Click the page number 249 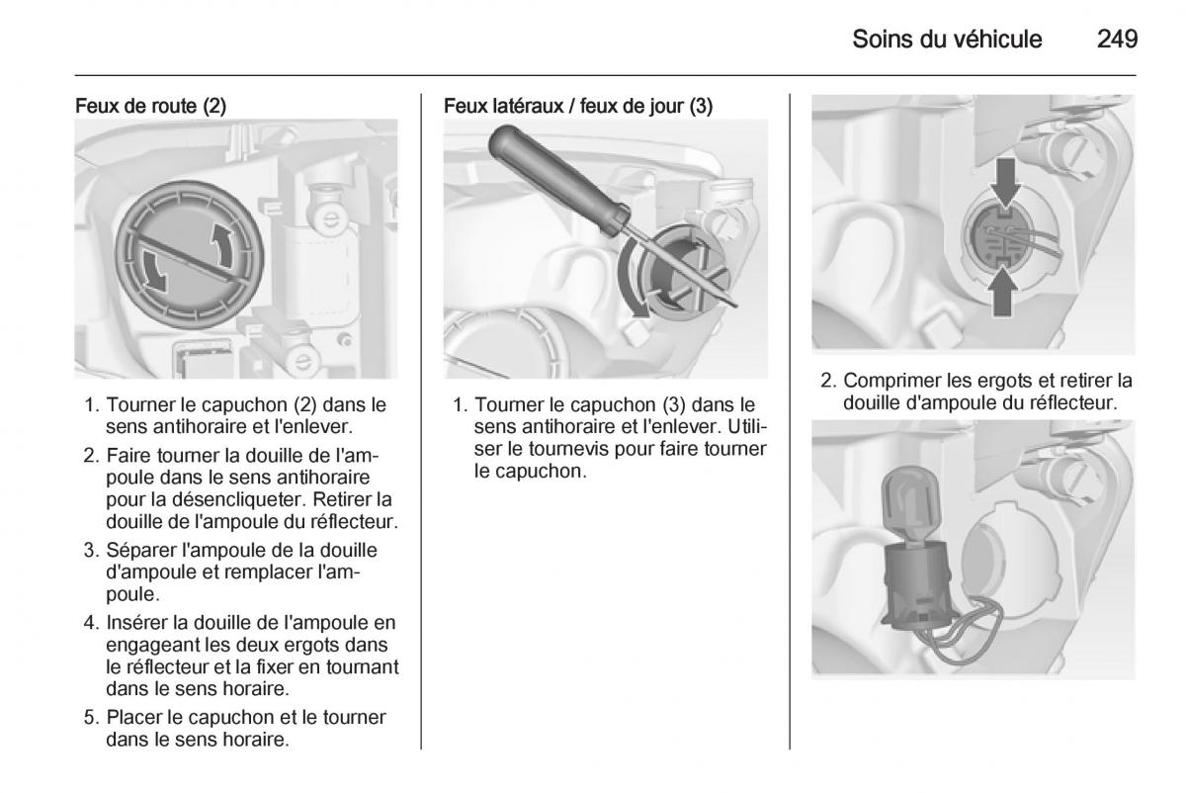click(x=1117, y=40)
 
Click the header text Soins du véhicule click(x=946, y=40)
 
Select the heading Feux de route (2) click(x=150, y=106)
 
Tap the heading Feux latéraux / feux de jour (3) click(x=578, y=106)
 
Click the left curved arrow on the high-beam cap click(x=153, y=269)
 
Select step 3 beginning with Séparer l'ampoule click(x=242, y=573)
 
